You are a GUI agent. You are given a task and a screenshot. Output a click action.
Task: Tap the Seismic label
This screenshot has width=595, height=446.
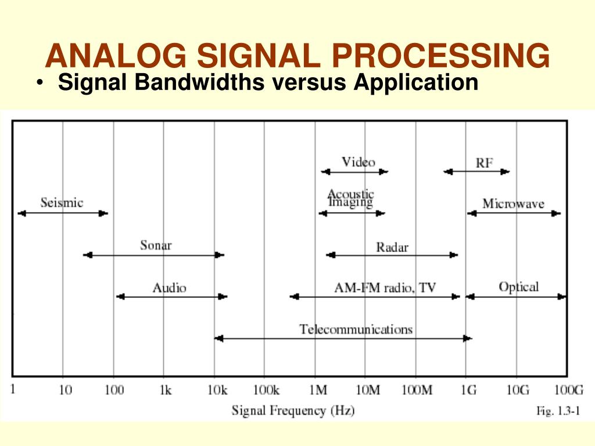pos(62,203)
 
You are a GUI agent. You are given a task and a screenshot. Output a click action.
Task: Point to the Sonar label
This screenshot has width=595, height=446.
pos(156,245)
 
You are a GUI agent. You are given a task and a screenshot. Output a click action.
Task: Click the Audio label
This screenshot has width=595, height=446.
pos(169,287)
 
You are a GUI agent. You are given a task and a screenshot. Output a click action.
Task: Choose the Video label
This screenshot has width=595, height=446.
pos(358,162)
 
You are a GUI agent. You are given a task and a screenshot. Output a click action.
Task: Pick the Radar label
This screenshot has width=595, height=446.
pos(392,247)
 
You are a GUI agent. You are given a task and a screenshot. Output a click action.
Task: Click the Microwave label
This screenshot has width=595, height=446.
pos(513,203)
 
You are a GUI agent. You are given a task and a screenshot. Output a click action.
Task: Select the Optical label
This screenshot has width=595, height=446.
pos(518,287)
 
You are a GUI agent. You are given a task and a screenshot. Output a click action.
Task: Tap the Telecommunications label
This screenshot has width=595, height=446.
pos(356,329)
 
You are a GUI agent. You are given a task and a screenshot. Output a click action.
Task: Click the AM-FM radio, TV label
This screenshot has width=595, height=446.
pos(385,288)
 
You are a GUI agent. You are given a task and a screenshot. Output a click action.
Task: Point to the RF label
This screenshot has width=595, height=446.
pos(484,163)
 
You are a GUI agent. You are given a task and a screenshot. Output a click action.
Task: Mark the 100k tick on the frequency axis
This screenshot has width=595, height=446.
pos(266,390)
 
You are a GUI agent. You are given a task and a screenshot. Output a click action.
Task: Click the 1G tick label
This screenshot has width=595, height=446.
pos(467,390)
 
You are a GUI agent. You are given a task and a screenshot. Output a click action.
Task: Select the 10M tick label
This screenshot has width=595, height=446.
pos(367,390)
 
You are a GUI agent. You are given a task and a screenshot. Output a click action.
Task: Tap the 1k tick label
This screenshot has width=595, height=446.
pos(165,390)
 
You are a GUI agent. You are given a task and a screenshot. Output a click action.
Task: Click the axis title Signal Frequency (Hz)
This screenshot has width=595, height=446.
pos(293,411)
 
